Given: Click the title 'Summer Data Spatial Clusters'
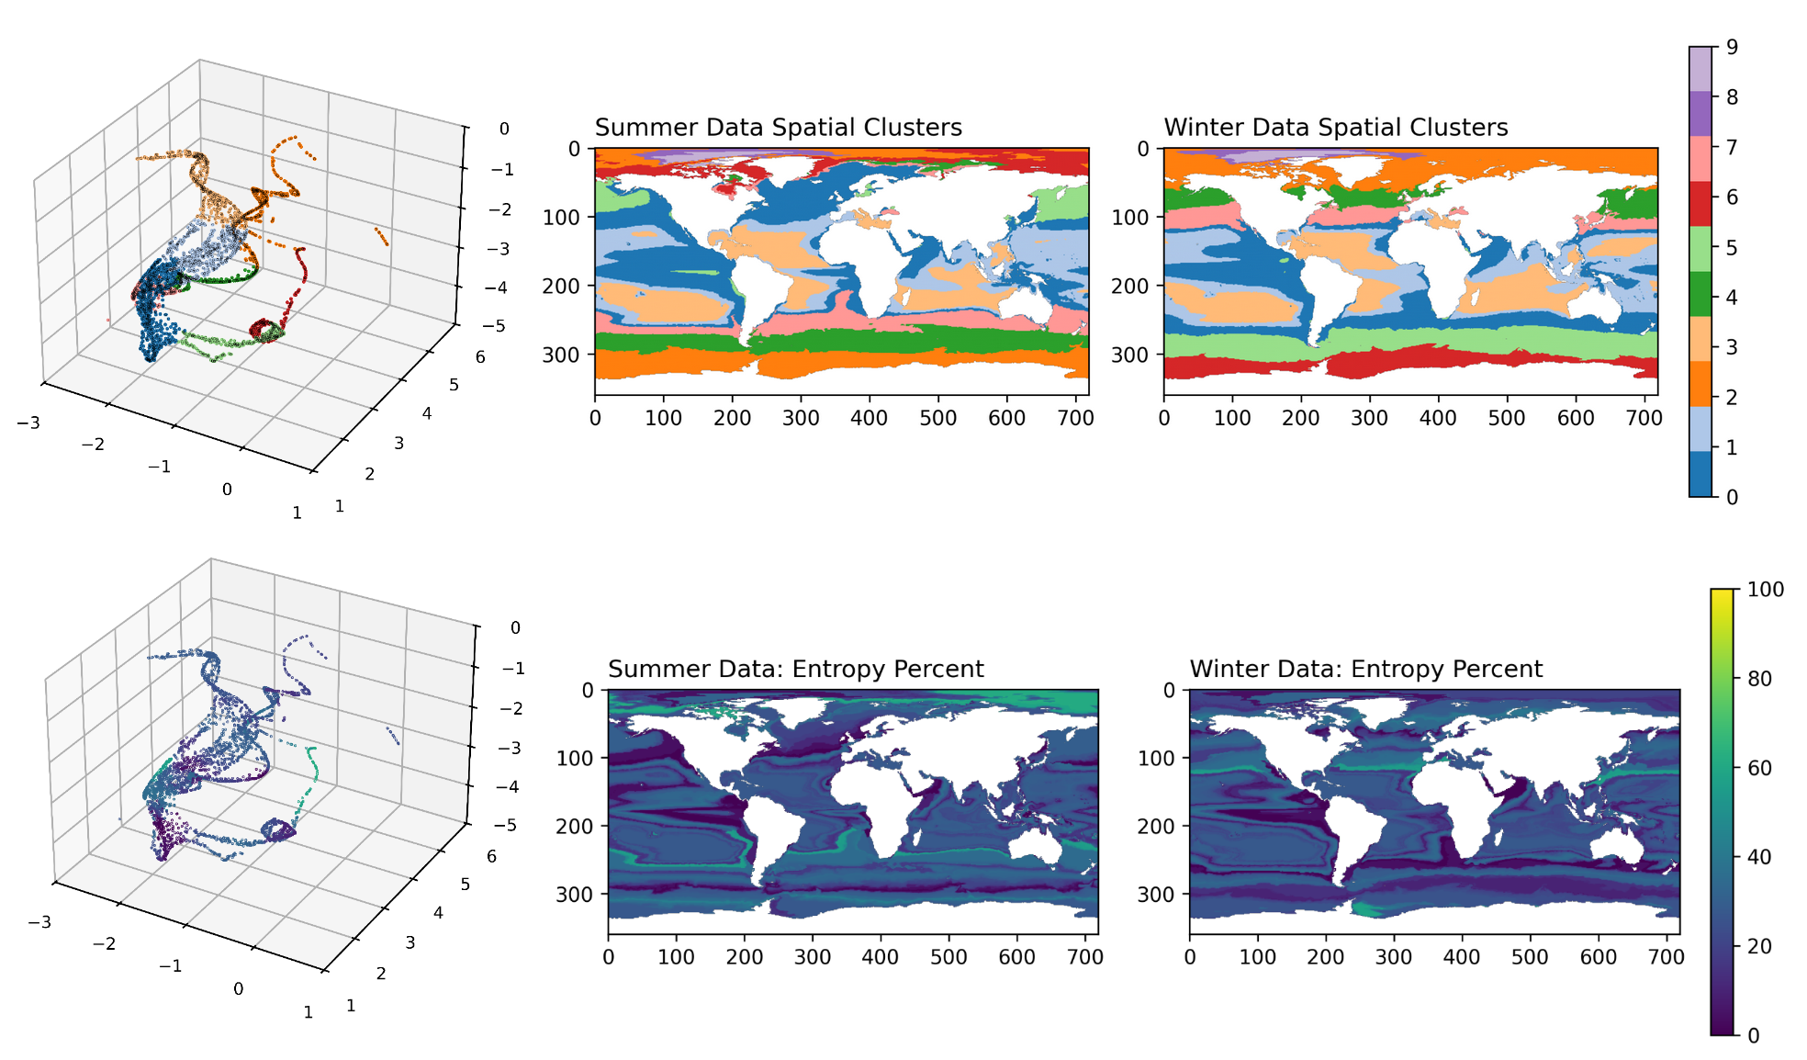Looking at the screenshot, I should [x=778, y=127].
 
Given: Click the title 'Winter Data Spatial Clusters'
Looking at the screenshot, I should [x=1335, y=127].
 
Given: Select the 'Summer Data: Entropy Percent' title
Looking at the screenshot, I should [x=795, y=669].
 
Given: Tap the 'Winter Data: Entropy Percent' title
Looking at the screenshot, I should [x=1365, y=669].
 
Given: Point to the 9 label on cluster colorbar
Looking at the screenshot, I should [x=1732, y=47].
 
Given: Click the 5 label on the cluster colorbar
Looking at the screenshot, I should [x=1732, y=248].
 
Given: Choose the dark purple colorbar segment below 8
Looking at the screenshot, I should [x=1700, y=114].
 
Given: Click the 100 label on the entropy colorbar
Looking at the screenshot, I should [x=1765, y=590].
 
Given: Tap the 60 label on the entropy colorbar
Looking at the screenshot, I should [x=1759, y=768].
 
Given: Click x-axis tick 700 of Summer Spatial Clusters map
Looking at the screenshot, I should [x=1075, y=418].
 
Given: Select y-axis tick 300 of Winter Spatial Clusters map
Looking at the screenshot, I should [x=1130, y=355].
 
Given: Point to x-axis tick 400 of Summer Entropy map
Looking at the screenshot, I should [x=880, y=957].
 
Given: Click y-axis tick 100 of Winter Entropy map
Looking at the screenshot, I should [x=1156, y=759].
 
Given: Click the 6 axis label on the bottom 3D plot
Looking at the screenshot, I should [x=492, y=856].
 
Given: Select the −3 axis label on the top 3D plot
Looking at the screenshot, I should [x=28, y=423].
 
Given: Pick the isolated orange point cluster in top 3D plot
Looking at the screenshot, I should [x=381, y=237].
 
